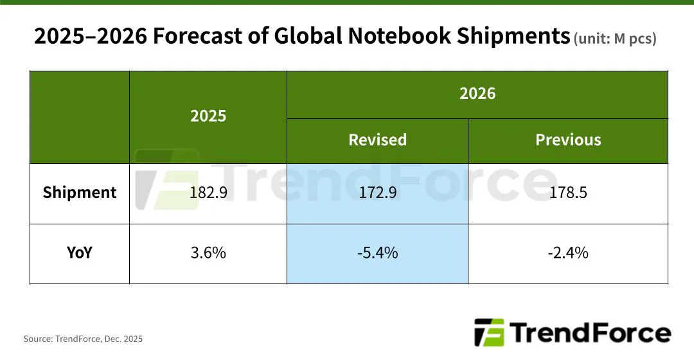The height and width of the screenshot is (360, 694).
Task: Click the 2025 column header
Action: point(208,116)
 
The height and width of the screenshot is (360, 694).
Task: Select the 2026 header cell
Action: point(477,94)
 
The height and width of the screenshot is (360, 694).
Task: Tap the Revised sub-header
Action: point(377,140)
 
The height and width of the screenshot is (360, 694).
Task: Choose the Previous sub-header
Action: point(568,140)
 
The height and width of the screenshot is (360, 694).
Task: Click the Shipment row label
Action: point(80,193)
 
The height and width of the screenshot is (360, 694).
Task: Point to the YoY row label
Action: point(80,253)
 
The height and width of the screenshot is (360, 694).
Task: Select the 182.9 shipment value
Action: point(208,193)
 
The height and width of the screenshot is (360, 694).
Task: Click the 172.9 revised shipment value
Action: point(377,193)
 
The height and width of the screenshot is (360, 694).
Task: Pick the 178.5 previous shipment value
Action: point(568,193)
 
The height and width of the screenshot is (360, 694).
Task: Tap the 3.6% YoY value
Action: point(208,253)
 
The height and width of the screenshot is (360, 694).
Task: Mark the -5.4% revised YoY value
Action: point(377,253)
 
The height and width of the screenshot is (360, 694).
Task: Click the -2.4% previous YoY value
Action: point(568,253)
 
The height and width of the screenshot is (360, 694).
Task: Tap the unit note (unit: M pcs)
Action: point(615,39)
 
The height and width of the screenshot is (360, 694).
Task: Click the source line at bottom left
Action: point(83,339)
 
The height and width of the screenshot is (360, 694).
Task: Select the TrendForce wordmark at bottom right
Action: point(591,333)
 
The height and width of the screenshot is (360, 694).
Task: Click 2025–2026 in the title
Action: point(90,37)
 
